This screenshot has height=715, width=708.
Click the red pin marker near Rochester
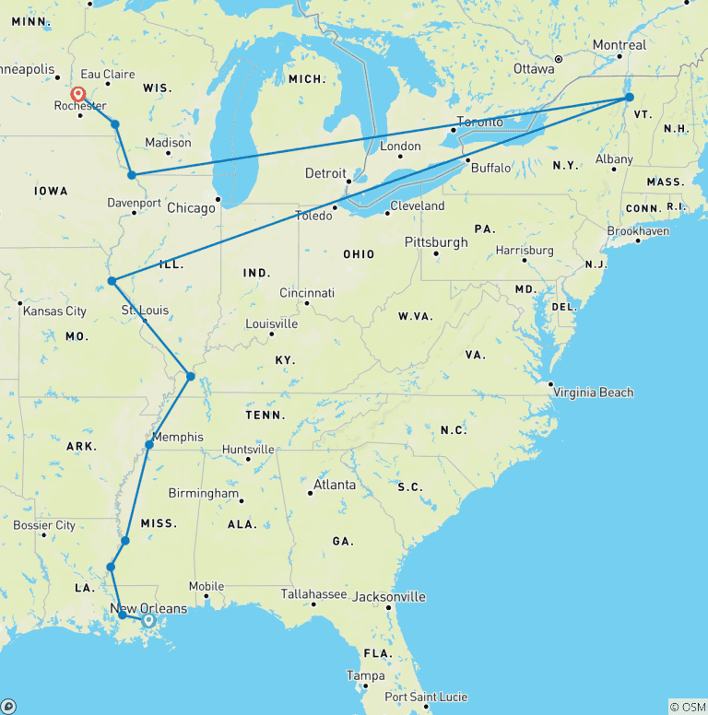pyautogui.click(x=79, y=95)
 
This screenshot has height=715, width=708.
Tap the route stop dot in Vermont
pyautogui.click(x=629, y=97)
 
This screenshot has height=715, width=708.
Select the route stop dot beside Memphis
pyautogui.click(x=149, y=445)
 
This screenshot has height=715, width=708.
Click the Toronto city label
pyautogui.click(x=480, y=123)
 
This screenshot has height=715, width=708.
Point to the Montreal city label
pyautogui.click(x=619, y=45)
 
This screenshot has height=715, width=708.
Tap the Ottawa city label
pyautogui.click(x=534, y=69)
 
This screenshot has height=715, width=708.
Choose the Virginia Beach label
pyautogui.click(x=594, y=393)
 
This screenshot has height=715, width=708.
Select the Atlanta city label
pyautogui.click(x=335, y=485)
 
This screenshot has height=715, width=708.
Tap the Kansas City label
pyautogui.click(x=55, y=311)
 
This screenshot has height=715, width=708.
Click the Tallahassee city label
pyautogui.click(x=313, y=594)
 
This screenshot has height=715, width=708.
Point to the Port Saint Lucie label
pyautogui.click(x=426, y=697)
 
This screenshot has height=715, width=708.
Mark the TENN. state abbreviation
pyautogui.click(x=265, y=415)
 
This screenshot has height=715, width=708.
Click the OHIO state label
pyautogui.click(x=359, y=254)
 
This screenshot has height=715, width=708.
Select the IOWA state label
pyautogui.click(x=51, y=192)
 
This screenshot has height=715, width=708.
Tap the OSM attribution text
pyautogui.click(x=688, y=707)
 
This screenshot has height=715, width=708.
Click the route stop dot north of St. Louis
pyautogui.click(x=112, y=281)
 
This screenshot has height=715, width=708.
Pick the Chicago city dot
pyautogui.click(x=218, y=199)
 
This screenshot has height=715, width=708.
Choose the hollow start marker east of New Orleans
pyautogui.click(x=148, y=620)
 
